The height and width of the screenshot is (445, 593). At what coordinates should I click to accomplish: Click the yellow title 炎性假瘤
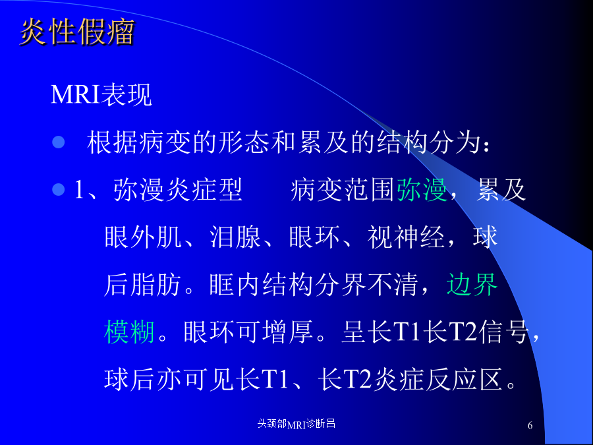[77, 32]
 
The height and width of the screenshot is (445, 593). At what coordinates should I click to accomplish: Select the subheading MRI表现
[101, 94]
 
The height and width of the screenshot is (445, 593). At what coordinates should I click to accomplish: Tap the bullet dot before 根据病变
[58, 142]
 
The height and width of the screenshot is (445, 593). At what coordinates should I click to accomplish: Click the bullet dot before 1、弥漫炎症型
[58, 189]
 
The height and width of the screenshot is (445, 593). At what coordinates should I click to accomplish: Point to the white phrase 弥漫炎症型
[178, 190]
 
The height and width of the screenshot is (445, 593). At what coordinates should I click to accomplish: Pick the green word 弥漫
[422, 190]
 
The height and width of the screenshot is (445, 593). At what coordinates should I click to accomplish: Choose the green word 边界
[472, 284]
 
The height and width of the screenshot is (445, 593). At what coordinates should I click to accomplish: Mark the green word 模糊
[129, 332]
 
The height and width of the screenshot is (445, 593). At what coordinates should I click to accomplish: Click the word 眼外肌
[143, 237]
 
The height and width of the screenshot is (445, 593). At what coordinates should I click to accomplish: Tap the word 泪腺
[235, 237]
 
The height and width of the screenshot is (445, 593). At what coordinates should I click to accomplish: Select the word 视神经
[406, 237]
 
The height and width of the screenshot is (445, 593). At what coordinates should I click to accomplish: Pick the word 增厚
[288, 332]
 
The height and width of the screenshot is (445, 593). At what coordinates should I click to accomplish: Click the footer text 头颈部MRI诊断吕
[296, 424]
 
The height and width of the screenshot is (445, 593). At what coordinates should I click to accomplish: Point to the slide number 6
[530, 425]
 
